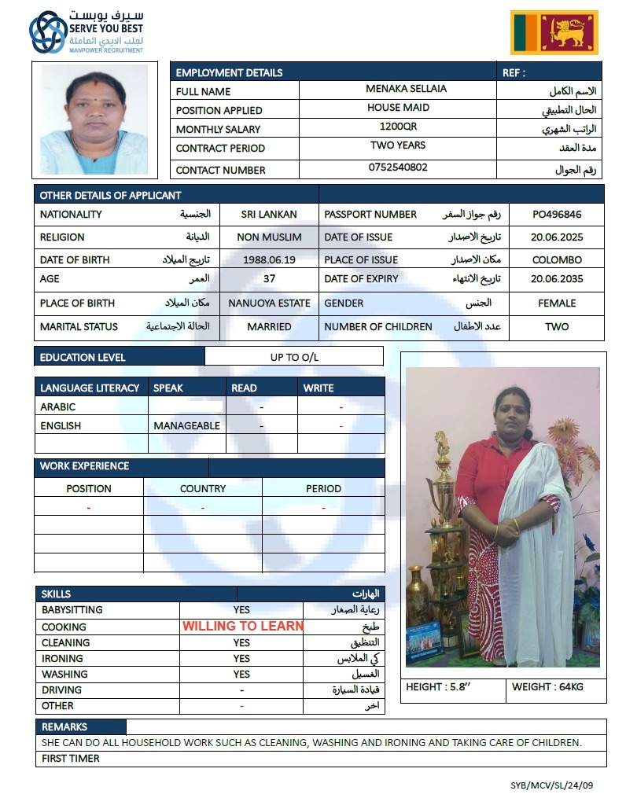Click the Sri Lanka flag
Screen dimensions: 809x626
(x=554, y=32)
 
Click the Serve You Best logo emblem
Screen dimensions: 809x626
(x=47, y=32)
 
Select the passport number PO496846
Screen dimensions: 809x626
(x=557, y=214)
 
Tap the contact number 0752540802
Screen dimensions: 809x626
(x=398, y=167)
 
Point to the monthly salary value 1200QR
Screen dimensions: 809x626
(x=398, y=127)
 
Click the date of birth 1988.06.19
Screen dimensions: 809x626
(x=269, y=259)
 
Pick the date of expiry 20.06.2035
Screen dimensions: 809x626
(x=557, y=278)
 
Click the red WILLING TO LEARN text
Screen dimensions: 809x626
(x=242, y=627)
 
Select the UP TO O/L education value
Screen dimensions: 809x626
(x=294, y=358)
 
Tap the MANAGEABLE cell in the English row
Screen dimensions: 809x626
(x=186, y=425)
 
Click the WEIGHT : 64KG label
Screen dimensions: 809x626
(x=547, y=687)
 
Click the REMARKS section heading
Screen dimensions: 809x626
(x=64, y=727)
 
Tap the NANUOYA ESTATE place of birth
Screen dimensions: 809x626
(x=269, y=303)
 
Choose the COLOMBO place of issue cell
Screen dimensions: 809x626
(x=557, y=259)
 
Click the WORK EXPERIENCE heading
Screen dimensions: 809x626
(x=84, y=466)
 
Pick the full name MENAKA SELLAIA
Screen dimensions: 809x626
(x=398, y=90)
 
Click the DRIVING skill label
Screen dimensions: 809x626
(x=61, y=690)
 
